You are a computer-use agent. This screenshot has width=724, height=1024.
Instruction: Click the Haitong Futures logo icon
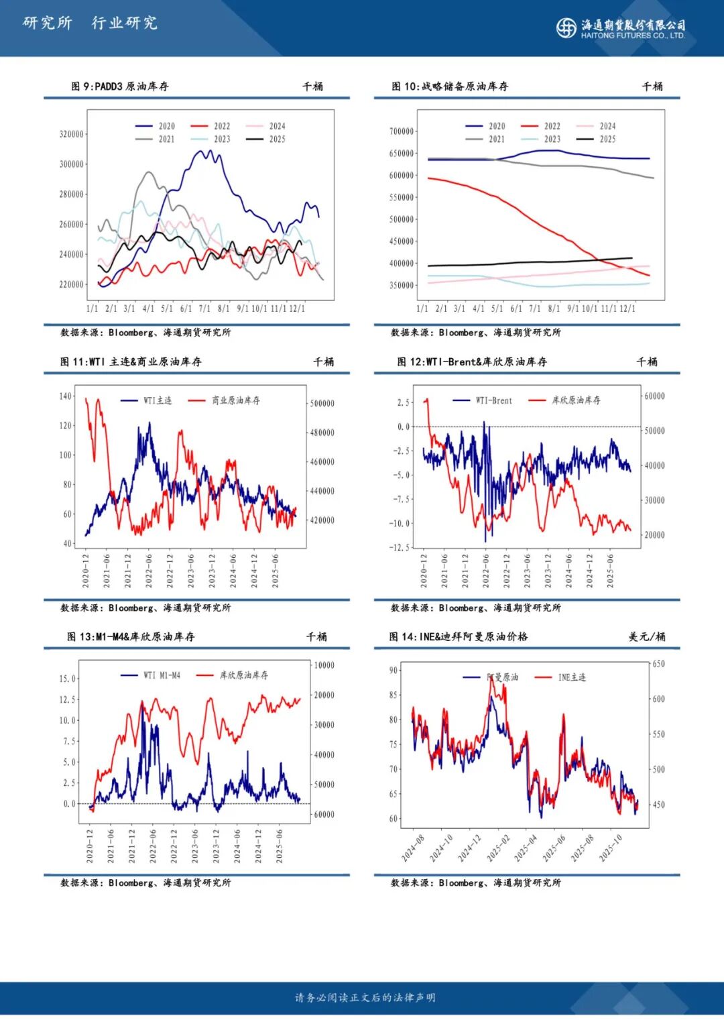(566, 27)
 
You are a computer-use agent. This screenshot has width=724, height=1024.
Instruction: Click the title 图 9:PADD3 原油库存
(120, 87)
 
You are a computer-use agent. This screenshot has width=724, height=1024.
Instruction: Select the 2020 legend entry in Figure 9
(156, 126)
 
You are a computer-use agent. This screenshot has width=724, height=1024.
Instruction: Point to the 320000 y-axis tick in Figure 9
(72, 134)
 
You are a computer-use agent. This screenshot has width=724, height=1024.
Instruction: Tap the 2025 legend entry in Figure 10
(597, 139)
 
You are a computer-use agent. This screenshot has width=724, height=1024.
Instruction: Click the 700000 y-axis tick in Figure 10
(402, 131)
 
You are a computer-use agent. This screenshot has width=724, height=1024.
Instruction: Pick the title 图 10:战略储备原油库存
(450, 87)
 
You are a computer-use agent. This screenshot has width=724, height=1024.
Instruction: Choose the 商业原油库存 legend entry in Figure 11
(225, 400)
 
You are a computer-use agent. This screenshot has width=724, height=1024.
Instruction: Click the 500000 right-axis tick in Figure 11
(322, 404)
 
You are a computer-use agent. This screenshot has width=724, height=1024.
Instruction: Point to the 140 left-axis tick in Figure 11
(65, 396)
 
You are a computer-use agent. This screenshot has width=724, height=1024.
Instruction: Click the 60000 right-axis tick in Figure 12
(654, 396)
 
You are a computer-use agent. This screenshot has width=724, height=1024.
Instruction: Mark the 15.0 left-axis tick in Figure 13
(68, 679)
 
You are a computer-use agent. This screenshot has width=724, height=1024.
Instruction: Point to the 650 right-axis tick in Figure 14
(658, 664)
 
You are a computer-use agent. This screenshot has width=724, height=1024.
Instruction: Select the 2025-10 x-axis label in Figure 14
(611, 848)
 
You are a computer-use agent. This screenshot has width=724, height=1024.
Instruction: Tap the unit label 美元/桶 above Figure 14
(647, 637)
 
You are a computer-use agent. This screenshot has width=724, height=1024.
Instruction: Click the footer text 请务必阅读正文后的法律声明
(365, 998)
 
